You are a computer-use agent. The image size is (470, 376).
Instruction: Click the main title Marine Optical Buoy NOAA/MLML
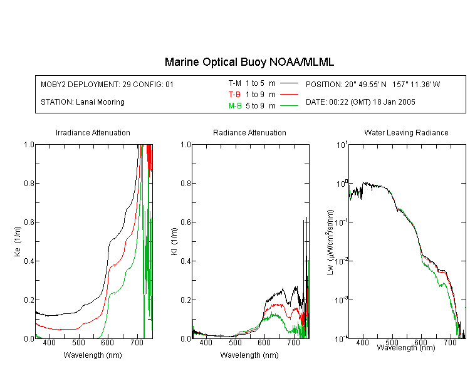249,62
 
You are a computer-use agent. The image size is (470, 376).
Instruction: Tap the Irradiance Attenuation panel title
93,132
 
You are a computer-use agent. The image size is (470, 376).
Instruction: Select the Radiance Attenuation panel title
249,132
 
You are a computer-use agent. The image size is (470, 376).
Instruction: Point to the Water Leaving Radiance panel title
406,132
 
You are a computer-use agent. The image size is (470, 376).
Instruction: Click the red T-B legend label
234,95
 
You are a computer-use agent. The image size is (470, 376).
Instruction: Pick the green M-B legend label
235,106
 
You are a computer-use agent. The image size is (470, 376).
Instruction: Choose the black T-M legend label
235,83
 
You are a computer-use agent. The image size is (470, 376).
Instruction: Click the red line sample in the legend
289,95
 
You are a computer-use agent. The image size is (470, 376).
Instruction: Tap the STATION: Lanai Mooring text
83,102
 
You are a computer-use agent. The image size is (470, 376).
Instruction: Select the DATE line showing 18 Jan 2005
360,102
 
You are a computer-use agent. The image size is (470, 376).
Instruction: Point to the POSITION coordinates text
373,84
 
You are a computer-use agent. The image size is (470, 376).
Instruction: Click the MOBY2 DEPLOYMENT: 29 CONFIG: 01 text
107,84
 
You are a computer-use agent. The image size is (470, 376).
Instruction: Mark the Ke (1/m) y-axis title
18,241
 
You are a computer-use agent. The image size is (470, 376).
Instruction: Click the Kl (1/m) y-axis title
174,241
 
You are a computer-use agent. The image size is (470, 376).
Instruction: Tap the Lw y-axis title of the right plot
330,242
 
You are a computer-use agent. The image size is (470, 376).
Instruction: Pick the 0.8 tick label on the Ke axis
29,183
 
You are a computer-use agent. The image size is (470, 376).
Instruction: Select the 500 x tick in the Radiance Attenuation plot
235,342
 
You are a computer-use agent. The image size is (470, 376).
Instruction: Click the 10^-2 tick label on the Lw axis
342,261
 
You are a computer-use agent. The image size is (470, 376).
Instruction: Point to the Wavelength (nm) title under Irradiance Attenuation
93,355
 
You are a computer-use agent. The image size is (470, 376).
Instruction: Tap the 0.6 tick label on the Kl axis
186,222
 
